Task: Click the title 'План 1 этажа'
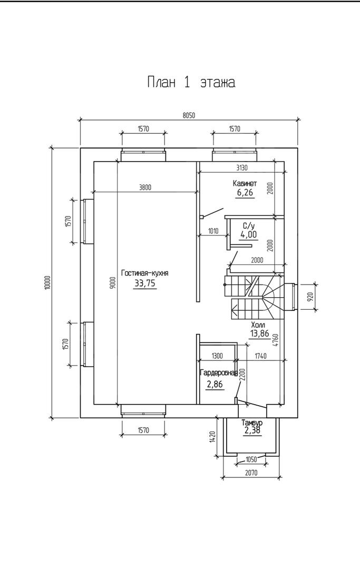point(191,82)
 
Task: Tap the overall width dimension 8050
point(189,115)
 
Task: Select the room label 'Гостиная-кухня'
point(145,273)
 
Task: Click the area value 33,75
point(145,283)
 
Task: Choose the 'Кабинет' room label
point(245,183)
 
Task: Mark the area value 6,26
point(245,193)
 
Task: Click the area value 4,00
point(248,235)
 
